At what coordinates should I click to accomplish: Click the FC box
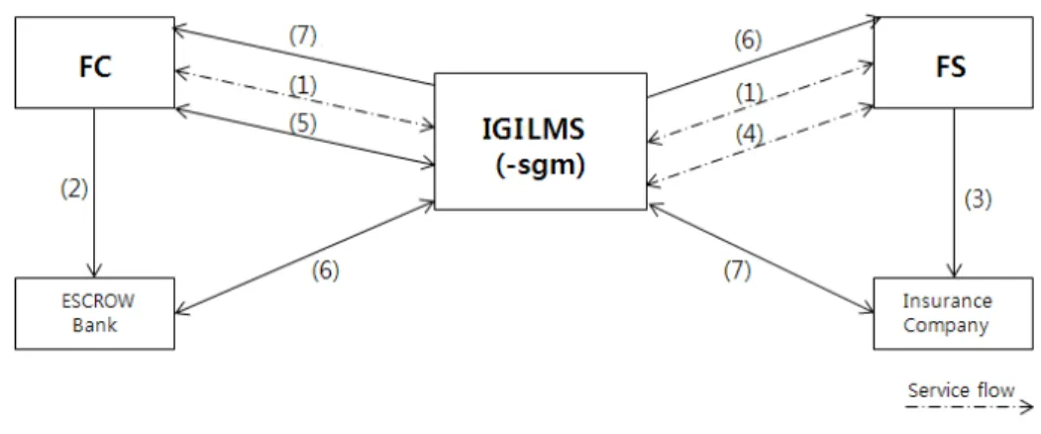point(94,62)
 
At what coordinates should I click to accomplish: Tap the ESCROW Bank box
point(94,313)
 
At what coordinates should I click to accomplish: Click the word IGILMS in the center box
point(534,130)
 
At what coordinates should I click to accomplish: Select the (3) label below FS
point(978,199)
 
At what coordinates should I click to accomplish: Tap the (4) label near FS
point(749,135)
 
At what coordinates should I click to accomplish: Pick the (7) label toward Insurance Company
point(737,271)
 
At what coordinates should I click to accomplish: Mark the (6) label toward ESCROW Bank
point(325,271)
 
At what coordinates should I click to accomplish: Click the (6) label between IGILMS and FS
point(748,41)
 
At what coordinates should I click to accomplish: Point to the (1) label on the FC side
point(302,84)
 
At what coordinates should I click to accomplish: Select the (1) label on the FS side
point(749,94)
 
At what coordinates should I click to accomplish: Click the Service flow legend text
point(962,390)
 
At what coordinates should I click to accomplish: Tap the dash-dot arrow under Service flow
point(971,406)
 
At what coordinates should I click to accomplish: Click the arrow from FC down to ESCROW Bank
point(94,193)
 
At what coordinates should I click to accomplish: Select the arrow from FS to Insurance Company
point(955,193)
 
